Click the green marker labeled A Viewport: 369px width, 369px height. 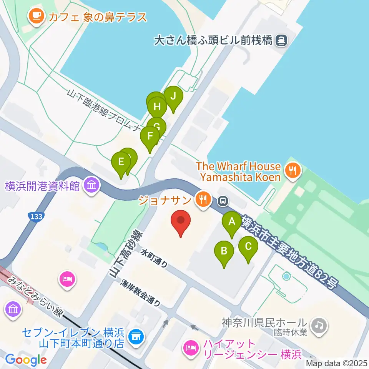pyautogui.click(x=232, y=222)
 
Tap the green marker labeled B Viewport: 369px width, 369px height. pyautogui.click(x=224, y=252)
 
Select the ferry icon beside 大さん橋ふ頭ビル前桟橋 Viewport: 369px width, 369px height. pyautogui.click(x=282, y=40)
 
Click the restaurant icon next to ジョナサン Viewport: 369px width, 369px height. pyautogui.click(x=202, y=199)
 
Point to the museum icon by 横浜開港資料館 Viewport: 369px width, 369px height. pyautogui.click(x=92, y=186)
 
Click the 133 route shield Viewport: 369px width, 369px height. pyautogui.click(x=35, y=217)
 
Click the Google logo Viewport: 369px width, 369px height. pyautogui.click(x=26, y=360)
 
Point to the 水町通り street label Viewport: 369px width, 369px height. pyautogui.click(x=154, y=258)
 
